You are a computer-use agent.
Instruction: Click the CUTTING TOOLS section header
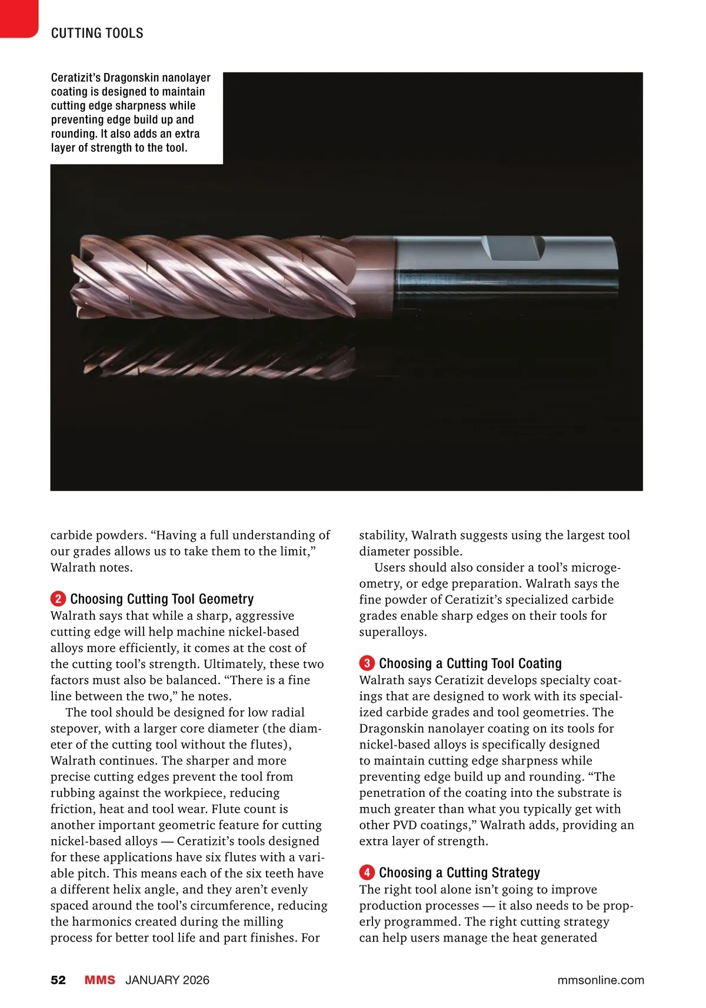(x=97, y=33)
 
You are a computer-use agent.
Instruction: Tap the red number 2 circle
(x=58, y=599)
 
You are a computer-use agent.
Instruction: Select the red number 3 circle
(x=367, y=663)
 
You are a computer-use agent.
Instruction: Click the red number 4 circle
(x=367, y=872)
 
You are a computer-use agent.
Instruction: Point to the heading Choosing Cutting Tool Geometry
(x=162, y=599)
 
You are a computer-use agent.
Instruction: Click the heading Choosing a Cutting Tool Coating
(x=470, y=663)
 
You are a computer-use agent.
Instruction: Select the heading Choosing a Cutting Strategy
(x=459, y=872)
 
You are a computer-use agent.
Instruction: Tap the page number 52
(x=58, y=980)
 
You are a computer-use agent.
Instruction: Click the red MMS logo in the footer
(x=99, y=980)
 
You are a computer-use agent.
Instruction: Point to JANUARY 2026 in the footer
(x=167, y=980)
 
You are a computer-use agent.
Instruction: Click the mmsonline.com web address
(x=600, y=980)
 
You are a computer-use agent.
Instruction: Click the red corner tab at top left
(x=18, y=18)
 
